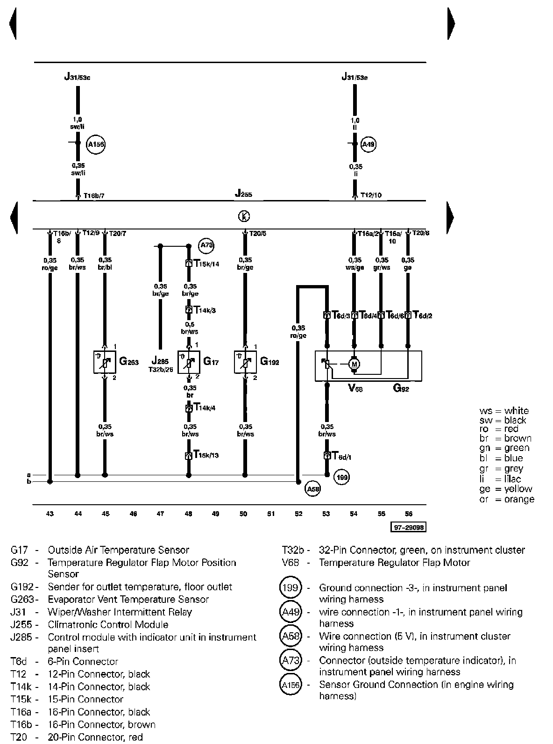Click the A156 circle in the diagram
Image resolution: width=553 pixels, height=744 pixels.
96,145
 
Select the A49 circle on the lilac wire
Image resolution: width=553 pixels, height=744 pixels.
369,144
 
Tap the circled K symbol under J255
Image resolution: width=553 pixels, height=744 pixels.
244,216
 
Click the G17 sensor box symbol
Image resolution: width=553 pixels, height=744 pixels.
189,362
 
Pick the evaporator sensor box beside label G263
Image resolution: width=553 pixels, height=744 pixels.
105,362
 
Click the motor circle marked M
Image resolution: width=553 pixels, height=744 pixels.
354,364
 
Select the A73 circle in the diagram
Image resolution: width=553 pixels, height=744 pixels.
206,245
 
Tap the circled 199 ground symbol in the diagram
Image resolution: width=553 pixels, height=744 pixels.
342,477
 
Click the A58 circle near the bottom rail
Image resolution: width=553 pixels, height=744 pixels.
312,489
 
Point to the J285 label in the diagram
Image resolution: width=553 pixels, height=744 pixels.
160,361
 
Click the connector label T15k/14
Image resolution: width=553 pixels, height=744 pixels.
206,264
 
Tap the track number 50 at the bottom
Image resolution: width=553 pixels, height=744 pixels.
243,514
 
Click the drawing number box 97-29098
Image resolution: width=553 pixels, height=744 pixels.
409,528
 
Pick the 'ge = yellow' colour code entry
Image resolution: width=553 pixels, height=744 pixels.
506,489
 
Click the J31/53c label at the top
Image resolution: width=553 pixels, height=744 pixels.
78,77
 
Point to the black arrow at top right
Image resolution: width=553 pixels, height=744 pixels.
451,23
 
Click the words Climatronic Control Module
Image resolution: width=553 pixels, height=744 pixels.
108,624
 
